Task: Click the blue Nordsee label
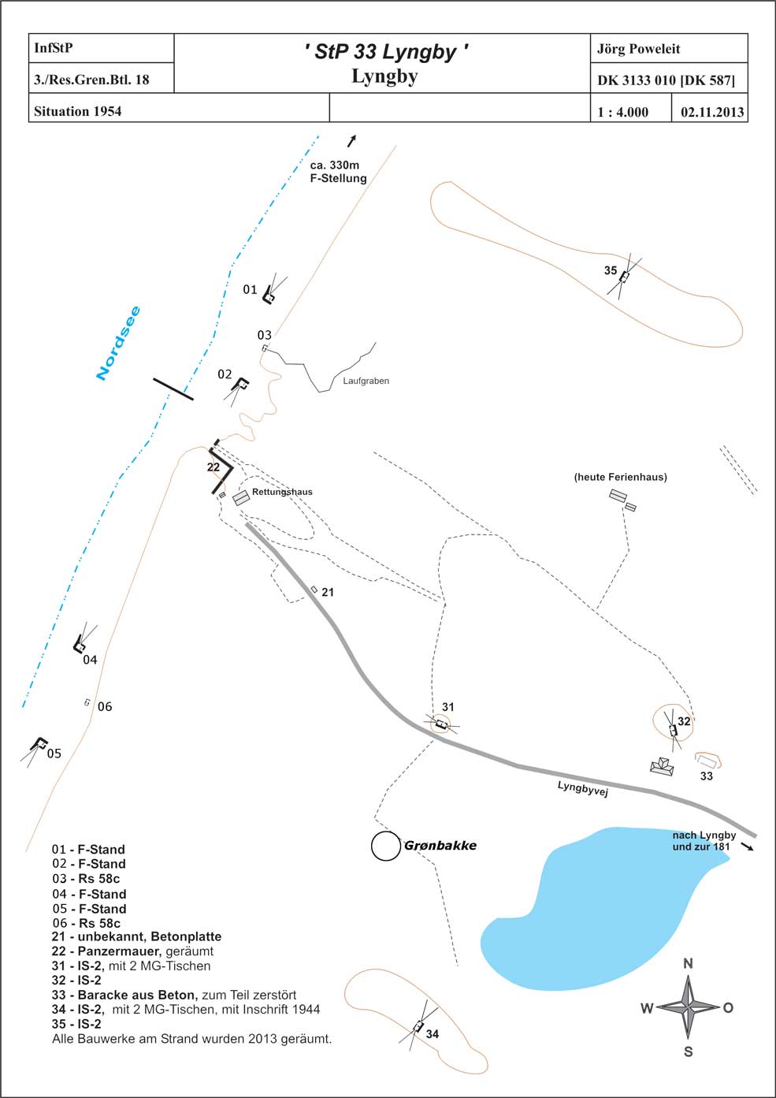118,343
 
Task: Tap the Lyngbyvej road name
582,789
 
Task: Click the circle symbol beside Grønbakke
385,846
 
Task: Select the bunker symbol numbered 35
624,277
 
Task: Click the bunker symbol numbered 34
418,1026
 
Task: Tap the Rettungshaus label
282,492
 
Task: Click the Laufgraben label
366,381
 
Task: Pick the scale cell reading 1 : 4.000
622,112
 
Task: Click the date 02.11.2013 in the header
712,112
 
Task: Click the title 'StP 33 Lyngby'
386,52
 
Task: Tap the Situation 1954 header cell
77,111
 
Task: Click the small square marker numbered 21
314,589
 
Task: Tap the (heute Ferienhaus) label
620,477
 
